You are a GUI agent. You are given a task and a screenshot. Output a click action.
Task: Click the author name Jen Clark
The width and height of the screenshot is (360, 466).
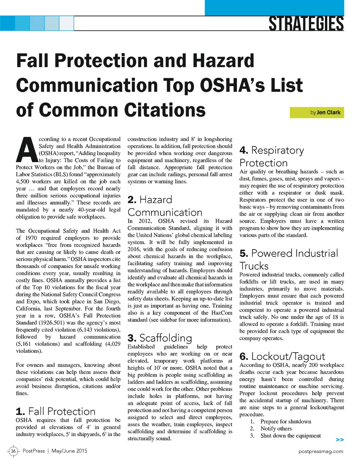[328, 113]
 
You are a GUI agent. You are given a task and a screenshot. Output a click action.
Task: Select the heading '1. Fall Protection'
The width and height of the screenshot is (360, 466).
[56, 411]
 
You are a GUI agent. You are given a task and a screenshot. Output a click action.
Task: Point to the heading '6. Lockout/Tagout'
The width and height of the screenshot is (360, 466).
[282, 356]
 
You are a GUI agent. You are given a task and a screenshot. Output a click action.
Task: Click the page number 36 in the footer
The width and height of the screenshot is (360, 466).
[13, 451]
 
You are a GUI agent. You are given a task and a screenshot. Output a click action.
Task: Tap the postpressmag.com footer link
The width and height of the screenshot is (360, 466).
[321, 451]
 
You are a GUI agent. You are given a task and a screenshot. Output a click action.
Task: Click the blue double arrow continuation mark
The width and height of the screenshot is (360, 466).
[340, 440]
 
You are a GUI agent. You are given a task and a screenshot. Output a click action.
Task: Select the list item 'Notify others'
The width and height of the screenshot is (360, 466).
[276, 428]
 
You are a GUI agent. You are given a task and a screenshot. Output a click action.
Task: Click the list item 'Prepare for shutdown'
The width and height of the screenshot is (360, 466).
[285, 421]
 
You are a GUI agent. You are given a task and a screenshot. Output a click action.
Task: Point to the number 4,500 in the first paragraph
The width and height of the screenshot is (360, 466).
[24, 181]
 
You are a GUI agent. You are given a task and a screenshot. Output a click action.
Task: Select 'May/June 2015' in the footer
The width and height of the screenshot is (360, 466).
[69, 451]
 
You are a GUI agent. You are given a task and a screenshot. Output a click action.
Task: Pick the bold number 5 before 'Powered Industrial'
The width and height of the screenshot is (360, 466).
[244, 253]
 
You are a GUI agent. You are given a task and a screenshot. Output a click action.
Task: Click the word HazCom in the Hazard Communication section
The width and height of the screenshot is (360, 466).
[221, 313]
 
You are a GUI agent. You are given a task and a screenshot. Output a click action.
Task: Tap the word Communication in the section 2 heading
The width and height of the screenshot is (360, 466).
[165, 212]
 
